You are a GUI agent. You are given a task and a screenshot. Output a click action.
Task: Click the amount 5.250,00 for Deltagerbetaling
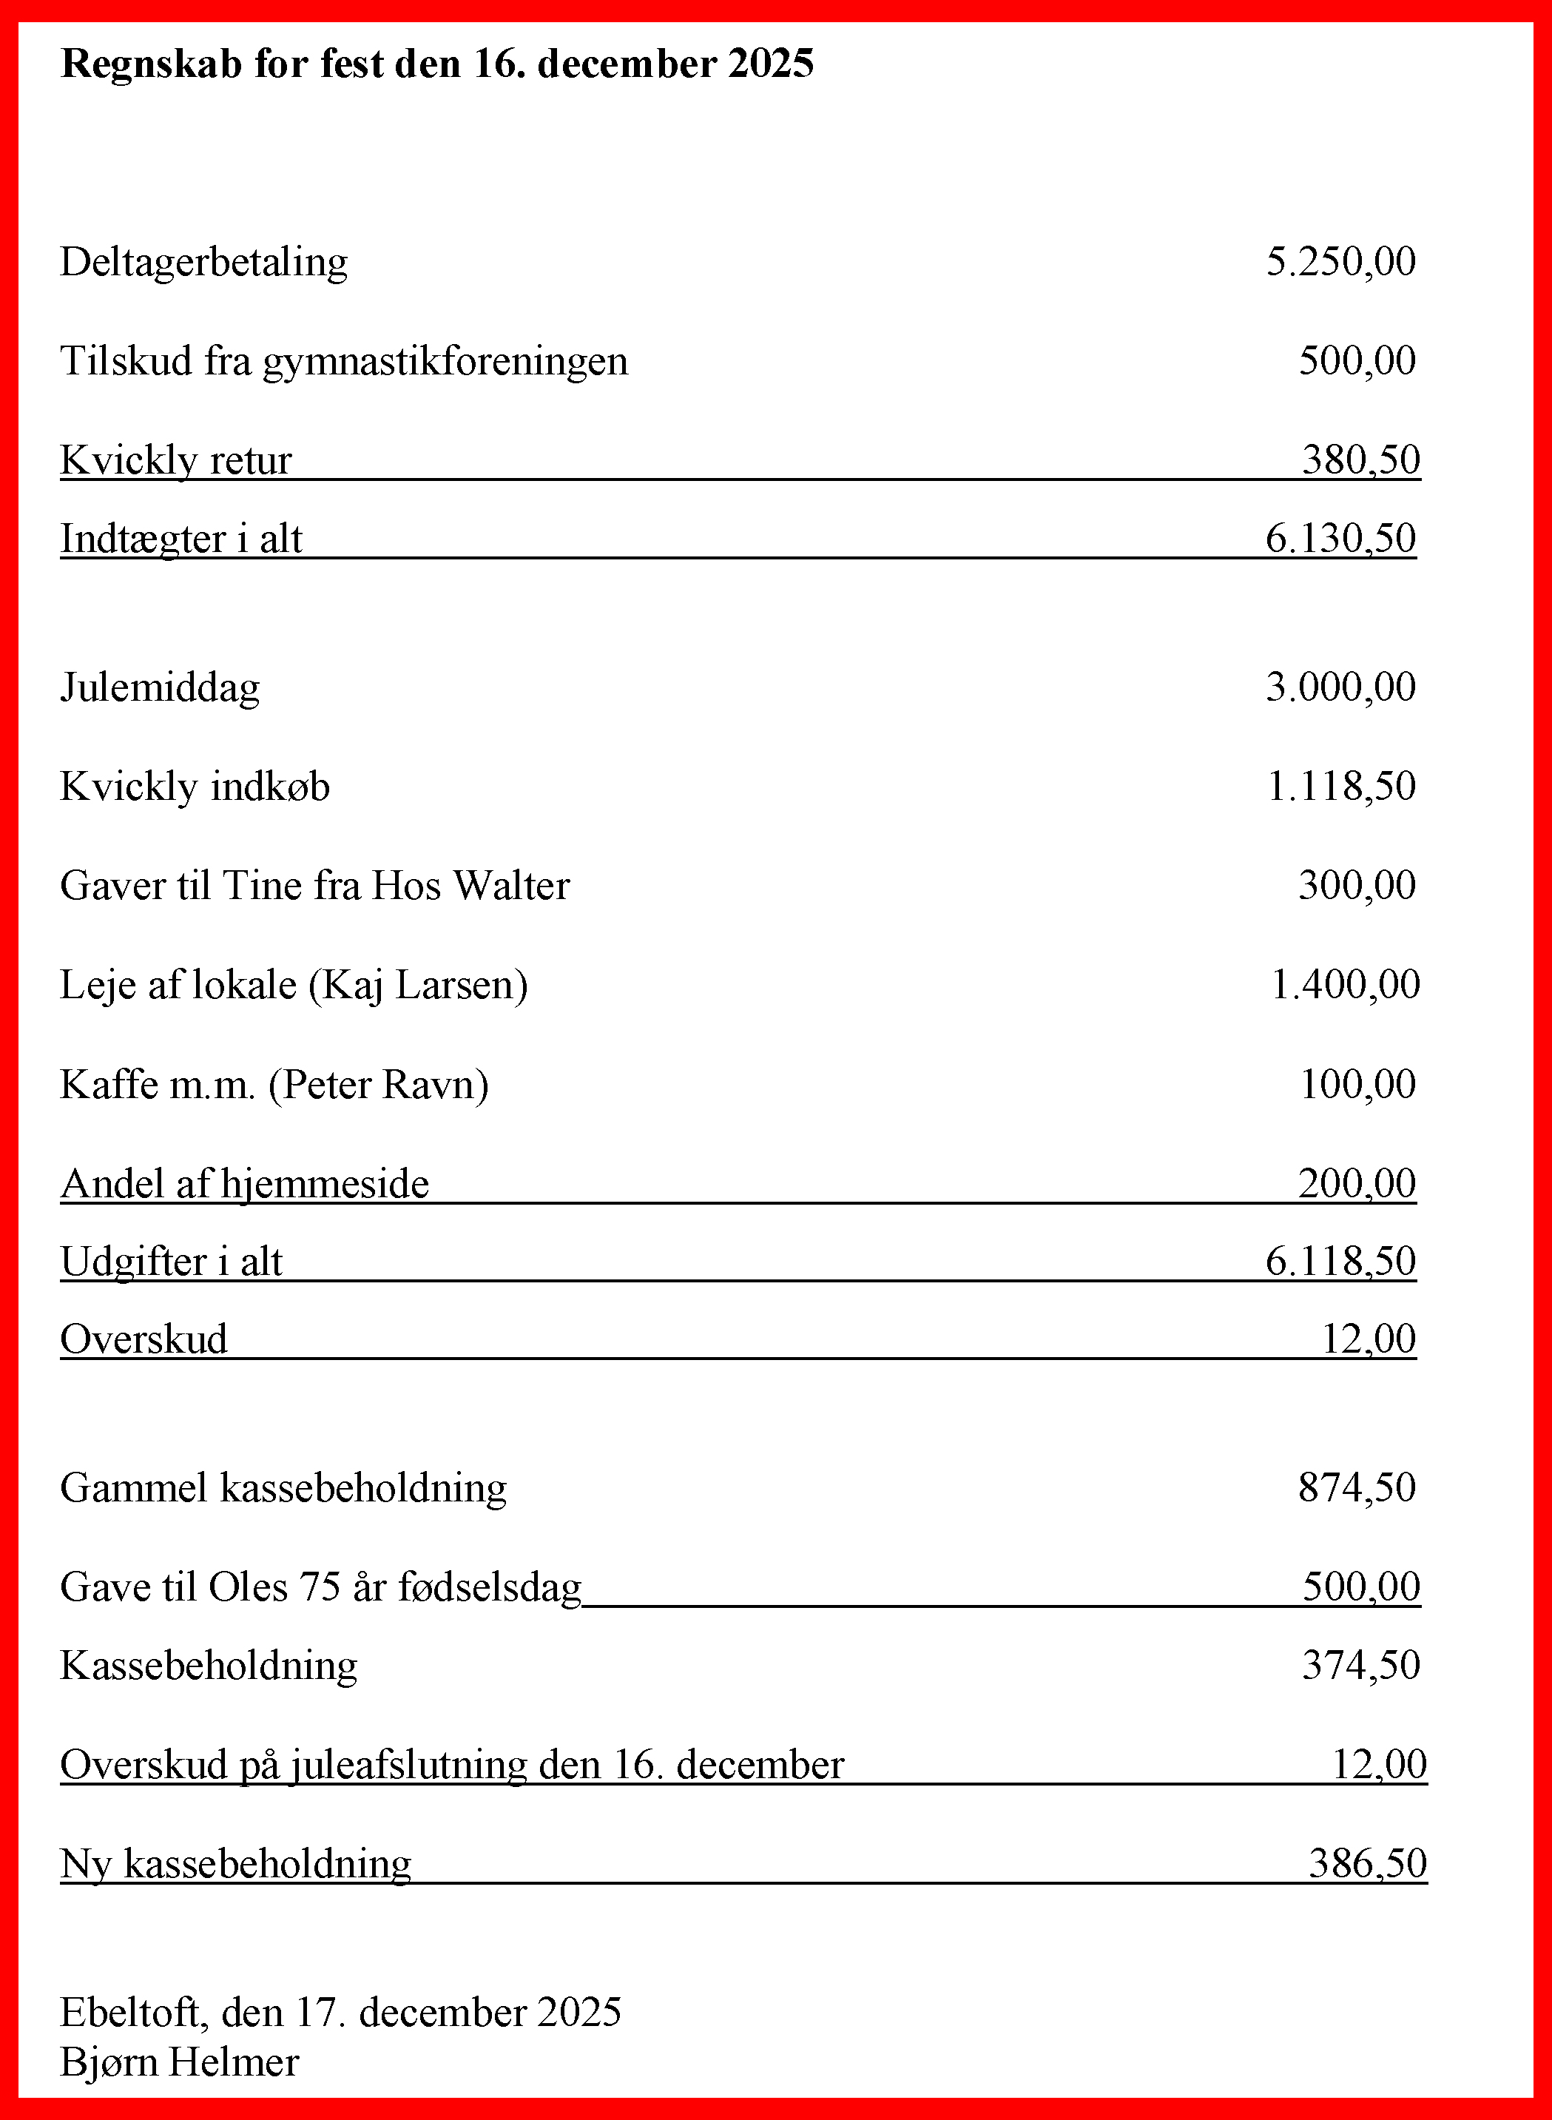click(x=1340, y=261)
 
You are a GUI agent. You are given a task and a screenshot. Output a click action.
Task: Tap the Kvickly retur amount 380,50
click(x=1360, y=460)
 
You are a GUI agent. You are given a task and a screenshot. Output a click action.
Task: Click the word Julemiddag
click(x=160, y=687)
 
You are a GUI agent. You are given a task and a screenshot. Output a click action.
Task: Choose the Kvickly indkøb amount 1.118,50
click(x=1340, y=787)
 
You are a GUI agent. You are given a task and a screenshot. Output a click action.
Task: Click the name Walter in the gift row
click(x=511, y=885)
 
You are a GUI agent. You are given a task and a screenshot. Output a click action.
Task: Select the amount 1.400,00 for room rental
click(x=1344, y=985)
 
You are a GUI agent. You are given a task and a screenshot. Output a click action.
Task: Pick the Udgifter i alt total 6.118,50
click(x=1340, y=1261)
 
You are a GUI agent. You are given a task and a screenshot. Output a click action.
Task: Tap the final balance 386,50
click(x=1367, y=1863)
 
